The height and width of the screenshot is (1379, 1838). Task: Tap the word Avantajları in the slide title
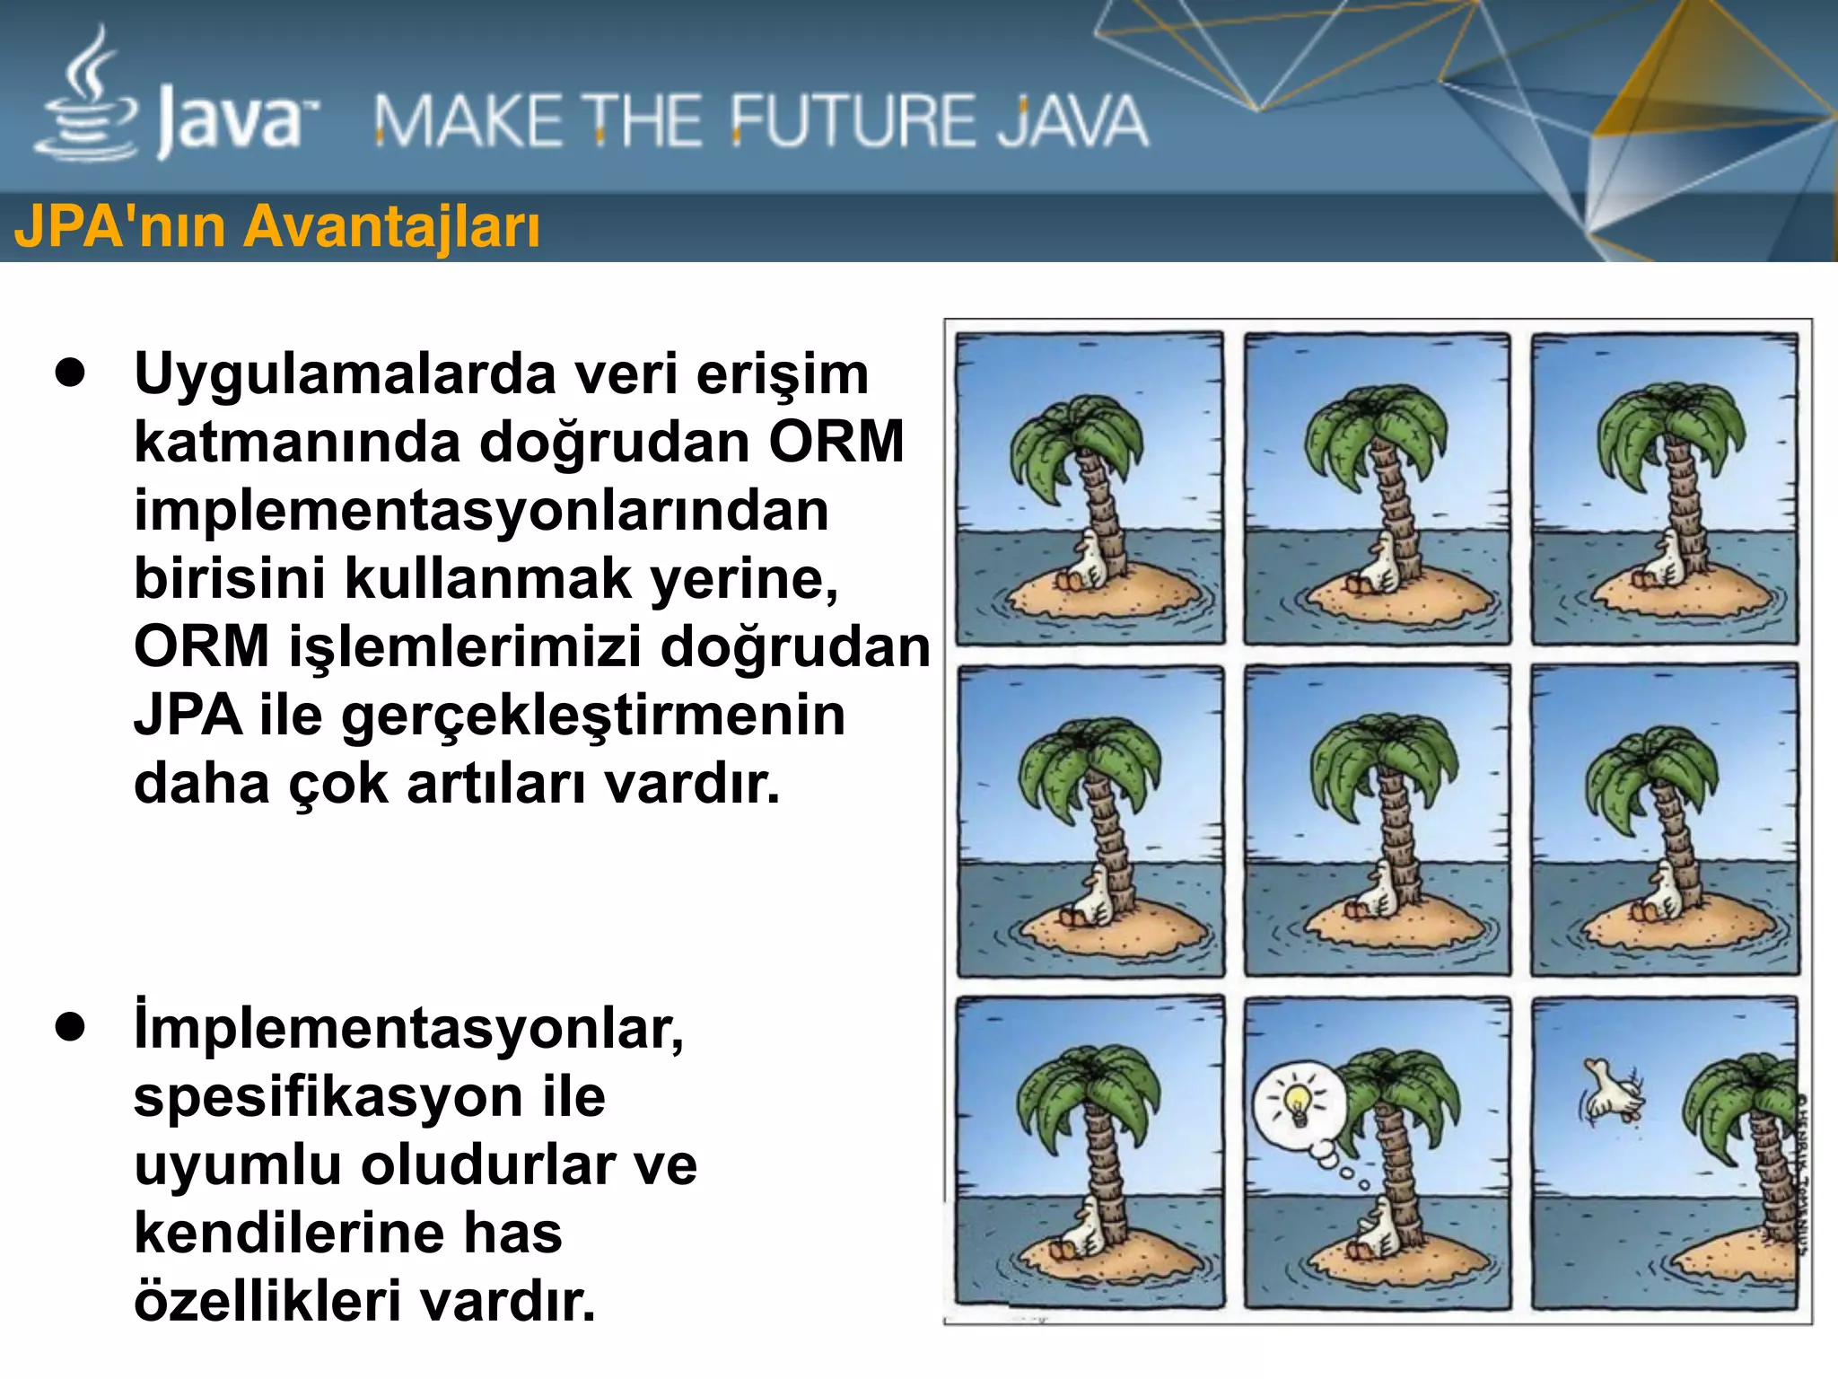tap(392, 225)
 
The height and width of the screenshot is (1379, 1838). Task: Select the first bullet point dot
tap(70, 373)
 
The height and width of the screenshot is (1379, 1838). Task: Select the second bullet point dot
tap(70, 1027)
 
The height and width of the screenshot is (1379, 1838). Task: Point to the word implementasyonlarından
tap(481, 510)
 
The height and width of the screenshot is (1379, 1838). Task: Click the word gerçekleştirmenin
tap(592, 716)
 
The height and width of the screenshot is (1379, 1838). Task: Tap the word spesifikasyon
tap(328, 1096)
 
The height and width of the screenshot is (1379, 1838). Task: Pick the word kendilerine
tap(288, 1233)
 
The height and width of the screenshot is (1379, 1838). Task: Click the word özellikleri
tap(267, 1301)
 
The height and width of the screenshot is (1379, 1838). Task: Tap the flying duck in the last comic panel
tap(1611, 1092)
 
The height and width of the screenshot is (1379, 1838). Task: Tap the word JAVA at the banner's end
tap(1073, 121)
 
